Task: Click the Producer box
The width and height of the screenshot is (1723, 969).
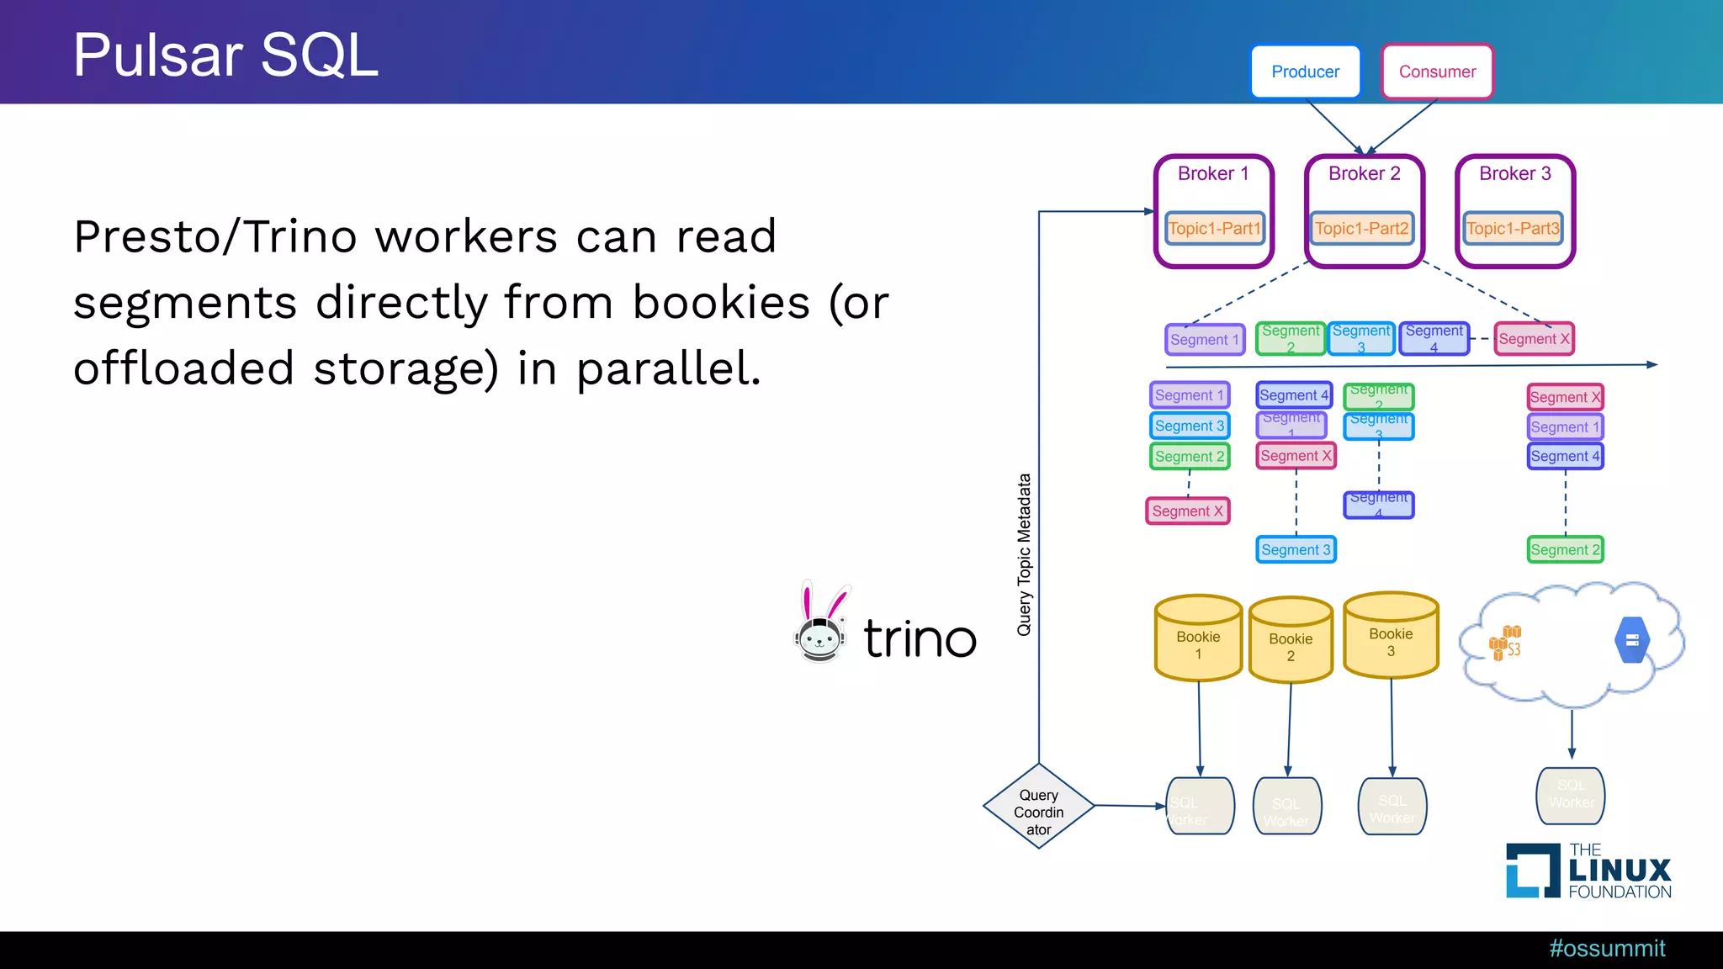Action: [x=1305, y=72]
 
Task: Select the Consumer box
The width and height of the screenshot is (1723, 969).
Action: [x=1437, y=72]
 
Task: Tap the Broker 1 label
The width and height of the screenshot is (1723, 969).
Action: [x=1213, y=174]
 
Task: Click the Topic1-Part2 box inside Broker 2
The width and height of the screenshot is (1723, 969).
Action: [x=1362, y=228]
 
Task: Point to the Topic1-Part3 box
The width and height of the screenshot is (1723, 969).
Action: [x=1513, y=228]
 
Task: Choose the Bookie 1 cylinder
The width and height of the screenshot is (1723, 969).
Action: [x=1198, y=639]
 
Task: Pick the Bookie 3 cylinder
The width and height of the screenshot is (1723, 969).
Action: [x=1391, y=637]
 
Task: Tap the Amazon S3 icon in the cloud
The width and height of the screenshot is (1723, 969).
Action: [x=1505, y=643]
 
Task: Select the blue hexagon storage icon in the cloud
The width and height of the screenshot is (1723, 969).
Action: [x=1632, y=641]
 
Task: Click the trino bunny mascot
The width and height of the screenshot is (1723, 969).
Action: [x=820, y=624]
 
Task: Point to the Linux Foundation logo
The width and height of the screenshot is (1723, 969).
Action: [x=1588, y=871]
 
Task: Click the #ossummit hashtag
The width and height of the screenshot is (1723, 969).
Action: [x=1607, y=949]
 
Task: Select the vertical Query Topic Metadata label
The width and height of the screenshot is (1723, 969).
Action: [x=1024, y=555]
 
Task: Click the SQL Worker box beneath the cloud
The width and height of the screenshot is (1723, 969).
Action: [x=1571, y=795]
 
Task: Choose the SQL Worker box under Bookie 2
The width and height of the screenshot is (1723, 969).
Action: [x=1287, y=807]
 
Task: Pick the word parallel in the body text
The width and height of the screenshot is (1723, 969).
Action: [x=669, y=369]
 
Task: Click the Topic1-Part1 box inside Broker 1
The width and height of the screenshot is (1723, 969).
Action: [x=1215, y=228]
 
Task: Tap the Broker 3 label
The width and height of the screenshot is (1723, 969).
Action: [x=1514, y=174]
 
